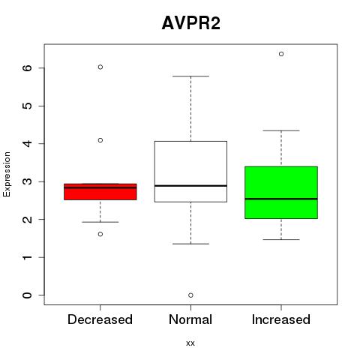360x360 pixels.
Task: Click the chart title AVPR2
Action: pos(191,23)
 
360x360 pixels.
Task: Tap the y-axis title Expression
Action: pos(7,174)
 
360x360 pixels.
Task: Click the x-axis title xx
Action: pos(190,343)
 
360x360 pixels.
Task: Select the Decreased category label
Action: pos(100,319)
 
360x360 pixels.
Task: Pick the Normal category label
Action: pos(190,319)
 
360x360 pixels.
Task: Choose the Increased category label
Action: pos(281,319)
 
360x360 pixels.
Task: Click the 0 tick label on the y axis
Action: pos(28,295)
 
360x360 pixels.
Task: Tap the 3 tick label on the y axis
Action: pos(28,181)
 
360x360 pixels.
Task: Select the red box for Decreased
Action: pos(100,192)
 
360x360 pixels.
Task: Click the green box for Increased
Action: pos(281,193)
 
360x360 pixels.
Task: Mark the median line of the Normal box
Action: pos(190,186)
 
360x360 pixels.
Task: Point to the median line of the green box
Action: pos(281,199)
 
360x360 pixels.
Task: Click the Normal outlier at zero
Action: pos(190,295)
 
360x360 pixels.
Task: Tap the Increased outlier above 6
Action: pos(281,54)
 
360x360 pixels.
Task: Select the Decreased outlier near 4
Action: pos(100,140)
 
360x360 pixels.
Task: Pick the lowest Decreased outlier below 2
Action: pos(100,234)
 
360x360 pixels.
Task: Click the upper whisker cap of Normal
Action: pos(190,76)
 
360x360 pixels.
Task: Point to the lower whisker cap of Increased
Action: pos(281,240)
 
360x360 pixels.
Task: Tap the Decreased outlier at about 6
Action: pos(100,67)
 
